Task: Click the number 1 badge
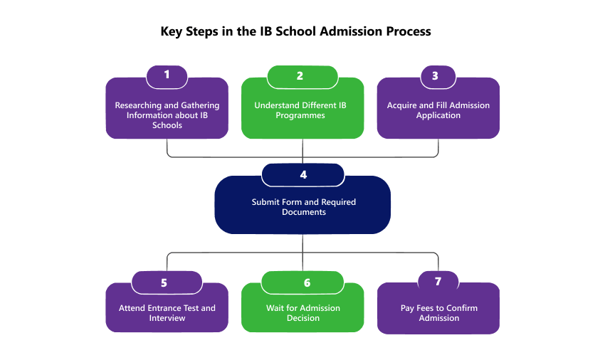coord(167,75)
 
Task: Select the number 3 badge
coord(435,75)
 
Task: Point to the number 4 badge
coord(303,174)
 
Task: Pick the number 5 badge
coord(164,282)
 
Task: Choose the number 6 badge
coord(307,282)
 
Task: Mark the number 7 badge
coord(438,281)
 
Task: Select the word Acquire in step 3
coord(402,105)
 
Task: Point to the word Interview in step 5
coord(167,318)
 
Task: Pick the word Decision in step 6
coord(302,318)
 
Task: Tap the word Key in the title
coord(172,31)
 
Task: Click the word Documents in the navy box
coord(303,212)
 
